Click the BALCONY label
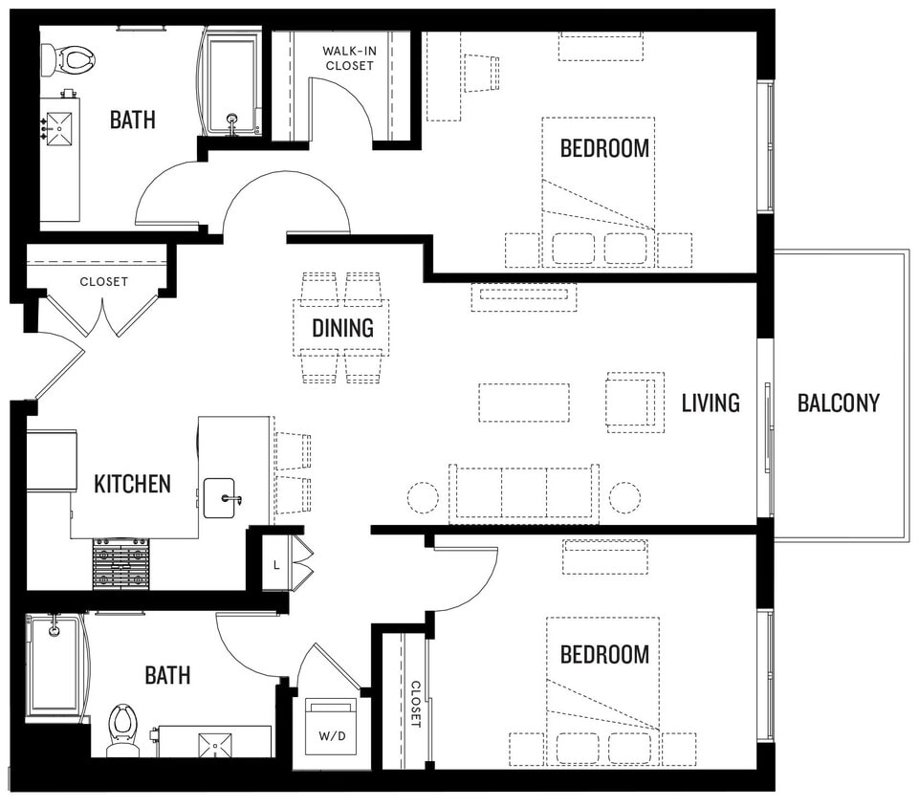(x=838, y=403)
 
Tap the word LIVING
(x=710, y=403)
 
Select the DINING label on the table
(x=342, y=328)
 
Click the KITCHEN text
(x=132, y=484)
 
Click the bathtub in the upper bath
(x=232, y=84)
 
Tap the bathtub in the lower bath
(x=54, y=667)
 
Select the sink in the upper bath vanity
(x=58, y=126)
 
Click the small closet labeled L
(x=276, y=564)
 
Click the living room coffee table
(x=523, y=403)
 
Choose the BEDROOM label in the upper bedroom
(x=604, y=148)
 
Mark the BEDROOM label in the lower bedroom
(x=604, y=655)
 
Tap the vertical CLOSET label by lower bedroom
(x=416, y=704)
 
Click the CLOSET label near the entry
(x=103, y=282)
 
